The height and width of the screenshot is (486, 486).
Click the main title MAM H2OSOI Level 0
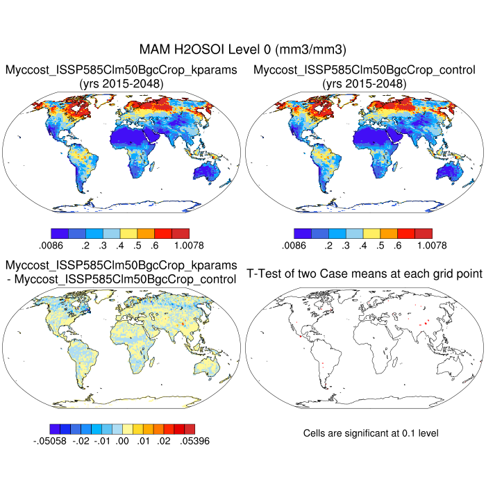click(x=243, y=50)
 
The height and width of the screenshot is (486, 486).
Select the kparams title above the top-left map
click(x=121, y=70)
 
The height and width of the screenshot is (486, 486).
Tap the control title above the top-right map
click(x=364, y=70)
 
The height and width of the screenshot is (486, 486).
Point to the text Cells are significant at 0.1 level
click(x=371, y=433)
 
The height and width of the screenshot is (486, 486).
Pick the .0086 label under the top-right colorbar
click(x=294, y=245)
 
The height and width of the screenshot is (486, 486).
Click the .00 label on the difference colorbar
click(x=123, y=440)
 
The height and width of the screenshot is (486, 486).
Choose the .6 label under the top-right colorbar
click(x=397, y=245)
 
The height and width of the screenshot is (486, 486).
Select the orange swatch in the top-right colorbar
click(x=388, y=233)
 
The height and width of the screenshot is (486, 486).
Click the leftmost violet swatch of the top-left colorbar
click(x=60, y=233)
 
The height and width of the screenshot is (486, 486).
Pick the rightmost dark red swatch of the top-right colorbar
click(x=423, y=233)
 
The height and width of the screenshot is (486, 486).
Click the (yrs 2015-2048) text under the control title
click(x=364, y=84)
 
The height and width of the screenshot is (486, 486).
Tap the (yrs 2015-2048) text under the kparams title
click(x=121, y=84)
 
